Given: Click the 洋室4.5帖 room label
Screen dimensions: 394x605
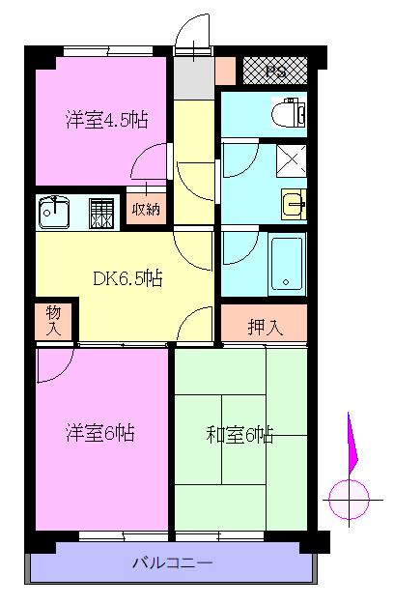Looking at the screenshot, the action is pyautogui.click(x=107, y=120).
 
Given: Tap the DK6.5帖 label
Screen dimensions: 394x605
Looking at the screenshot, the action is pyautogui.click(x=127, y=278).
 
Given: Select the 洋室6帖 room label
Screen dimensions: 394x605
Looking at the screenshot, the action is pyautogui.click(x=100, y=433).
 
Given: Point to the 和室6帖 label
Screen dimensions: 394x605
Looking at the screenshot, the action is pyautogui.click(x=239, y=435).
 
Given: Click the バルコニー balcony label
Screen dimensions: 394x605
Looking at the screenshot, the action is pyautogui.click(x=172, y=562).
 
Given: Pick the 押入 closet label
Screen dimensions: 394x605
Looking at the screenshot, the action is pyautogui.click(x=266, y=328).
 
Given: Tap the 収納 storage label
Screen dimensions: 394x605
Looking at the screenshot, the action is pyautogui.click(x=146, y=209).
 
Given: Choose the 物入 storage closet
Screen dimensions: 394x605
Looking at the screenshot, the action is pyautogui.click(x=53, y=321).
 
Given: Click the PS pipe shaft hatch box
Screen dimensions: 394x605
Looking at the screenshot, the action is pyautogui.click(x=275, y=71).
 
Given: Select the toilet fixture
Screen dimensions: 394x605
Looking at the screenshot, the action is pyautogui.click(x=289, y=112).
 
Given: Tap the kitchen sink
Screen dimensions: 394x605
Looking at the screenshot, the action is pyautogui.click(x=54, y=213).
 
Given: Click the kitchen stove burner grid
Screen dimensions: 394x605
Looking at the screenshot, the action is pyautogui.click(x=101, y=214).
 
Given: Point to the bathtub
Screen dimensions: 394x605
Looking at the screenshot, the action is pyautogui.click(x=287, y=264).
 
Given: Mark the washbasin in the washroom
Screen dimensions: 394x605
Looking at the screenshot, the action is pyautogui.click(x=294, y=204).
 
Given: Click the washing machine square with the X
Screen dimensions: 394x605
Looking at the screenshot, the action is pyautogui.click(x=292, y=160).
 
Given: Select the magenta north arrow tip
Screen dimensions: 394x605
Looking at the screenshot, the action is pyautogui.click(x=348, y=413).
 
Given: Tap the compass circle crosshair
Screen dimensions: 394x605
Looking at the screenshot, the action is pyautogui.click(x=349, y=500).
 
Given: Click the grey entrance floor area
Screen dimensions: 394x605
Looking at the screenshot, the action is pyautogui.click(x=193, y=78).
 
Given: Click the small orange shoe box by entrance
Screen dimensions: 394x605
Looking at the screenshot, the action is pyautogui.click(x=225, y=71).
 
